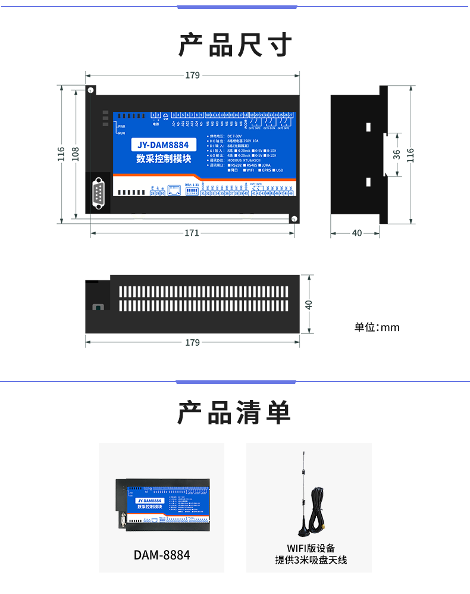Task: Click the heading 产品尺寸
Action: (x=235, y=45)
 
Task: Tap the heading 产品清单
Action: (x=235, y=412)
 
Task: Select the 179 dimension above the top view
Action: (x=192, y=76)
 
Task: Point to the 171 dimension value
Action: (x=192, y=233)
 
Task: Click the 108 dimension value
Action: (x=75, y=154)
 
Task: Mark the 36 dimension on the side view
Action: (x=397, y=154)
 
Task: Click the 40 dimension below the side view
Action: (x=357, y=233)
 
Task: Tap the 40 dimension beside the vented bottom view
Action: (x=308, y=304)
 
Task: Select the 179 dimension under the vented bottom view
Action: (x=192, y=342)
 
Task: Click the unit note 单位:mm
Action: (x=377, y=327)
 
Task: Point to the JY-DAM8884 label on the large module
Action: (x=163, y=145)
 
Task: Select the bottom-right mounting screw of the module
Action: (x=293, y=218)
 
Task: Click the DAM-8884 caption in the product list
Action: (x=161, y=555)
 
